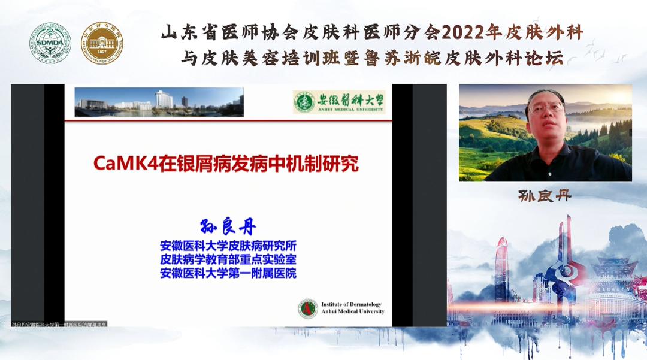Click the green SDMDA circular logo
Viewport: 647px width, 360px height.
coord(51,43)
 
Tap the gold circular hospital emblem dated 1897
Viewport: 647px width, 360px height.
coord(102,43)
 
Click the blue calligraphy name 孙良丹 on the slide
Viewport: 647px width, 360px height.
coord(228,228)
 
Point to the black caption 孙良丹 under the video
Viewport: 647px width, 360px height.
coord(545,196)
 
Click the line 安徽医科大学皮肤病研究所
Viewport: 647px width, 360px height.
coord(228,246)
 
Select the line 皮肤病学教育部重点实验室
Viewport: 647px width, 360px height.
coord(228,259)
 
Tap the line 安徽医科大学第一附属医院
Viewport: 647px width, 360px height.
coord(228,273)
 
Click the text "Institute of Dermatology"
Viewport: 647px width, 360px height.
coord(351,304)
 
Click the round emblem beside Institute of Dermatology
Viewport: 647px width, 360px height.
coord(308,308)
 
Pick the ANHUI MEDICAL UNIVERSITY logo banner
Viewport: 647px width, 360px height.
coord(339,102)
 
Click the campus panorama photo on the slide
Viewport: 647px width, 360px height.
coord(159,102)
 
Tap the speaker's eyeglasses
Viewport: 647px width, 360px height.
coord(545,108)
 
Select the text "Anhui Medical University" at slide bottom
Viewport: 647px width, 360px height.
coord(352,311)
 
